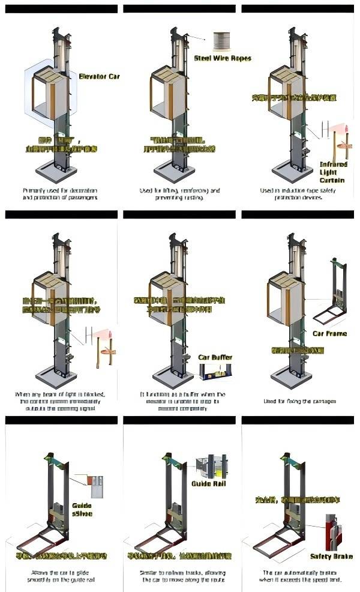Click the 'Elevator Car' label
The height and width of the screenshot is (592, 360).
tap(99, 76)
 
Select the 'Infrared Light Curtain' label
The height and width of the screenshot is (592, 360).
tap(333, 172)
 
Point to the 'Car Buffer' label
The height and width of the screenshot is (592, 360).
tap(215, 357)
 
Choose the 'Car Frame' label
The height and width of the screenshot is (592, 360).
tap(329, 333)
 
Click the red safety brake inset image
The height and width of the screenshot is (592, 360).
tap(332, 531)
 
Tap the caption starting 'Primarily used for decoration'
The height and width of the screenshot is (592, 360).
tap(60, 193)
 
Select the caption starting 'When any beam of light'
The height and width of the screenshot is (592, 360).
tap(60, 401)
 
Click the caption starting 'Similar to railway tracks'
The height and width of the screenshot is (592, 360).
tap(179, 576)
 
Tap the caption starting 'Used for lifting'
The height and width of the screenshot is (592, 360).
tap(179, 193)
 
